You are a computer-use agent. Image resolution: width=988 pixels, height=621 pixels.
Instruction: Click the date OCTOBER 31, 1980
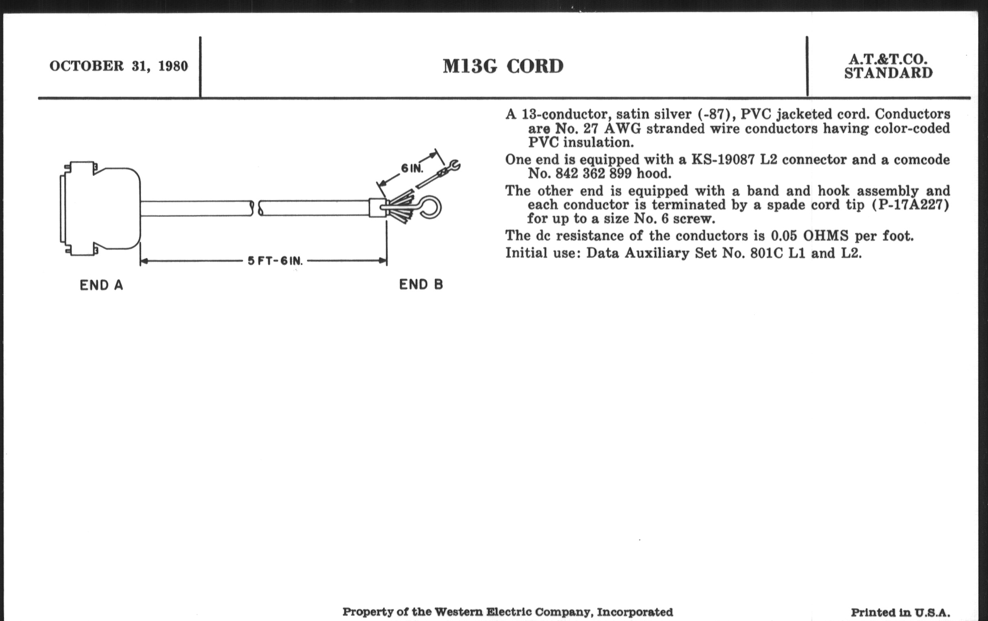(119, 66)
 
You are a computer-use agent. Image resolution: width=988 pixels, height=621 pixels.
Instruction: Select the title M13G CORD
(503, 67)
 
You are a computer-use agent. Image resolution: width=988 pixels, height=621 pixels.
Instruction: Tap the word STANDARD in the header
(888, 73)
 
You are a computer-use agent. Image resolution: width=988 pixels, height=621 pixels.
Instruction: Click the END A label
(101, 285)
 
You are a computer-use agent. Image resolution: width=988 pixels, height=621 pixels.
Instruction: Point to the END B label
(421, 285)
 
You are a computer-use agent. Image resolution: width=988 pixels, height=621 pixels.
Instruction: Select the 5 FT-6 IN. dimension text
(275, 261)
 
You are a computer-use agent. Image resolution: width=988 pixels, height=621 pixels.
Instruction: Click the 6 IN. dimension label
(412, 168)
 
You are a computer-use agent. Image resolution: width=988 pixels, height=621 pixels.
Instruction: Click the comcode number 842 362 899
(593, 174)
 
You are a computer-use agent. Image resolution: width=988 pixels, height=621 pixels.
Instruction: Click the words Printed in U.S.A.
(900, 613)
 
